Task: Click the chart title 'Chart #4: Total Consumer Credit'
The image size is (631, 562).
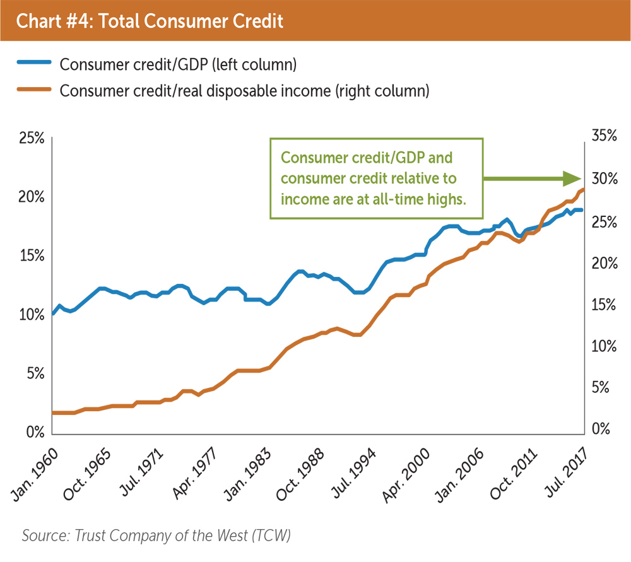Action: coord(149,21)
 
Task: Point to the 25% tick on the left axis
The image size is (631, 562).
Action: coord(30,138)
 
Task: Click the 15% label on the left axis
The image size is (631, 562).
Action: coord(30,255)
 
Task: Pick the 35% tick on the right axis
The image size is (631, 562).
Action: coord(603,136)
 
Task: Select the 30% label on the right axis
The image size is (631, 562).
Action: coord(603,179)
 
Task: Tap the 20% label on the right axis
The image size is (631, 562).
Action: coord(603,262)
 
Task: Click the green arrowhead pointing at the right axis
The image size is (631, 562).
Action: coord(570,179)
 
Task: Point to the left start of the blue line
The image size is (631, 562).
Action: coord(53,313)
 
